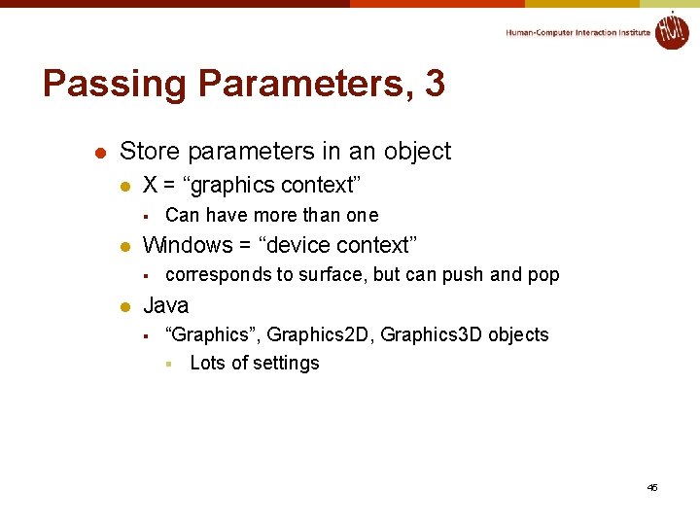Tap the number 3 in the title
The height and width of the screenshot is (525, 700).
435,84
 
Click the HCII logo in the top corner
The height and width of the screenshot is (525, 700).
671,30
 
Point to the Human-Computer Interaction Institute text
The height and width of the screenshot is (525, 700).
577,33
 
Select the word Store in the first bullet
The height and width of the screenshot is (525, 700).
150,151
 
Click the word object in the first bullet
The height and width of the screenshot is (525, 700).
414,152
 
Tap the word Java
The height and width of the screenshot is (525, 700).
166,305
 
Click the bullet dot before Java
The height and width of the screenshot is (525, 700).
123,306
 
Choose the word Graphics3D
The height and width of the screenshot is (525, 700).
432,334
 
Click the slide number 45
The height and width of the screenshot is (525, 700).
651,487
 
